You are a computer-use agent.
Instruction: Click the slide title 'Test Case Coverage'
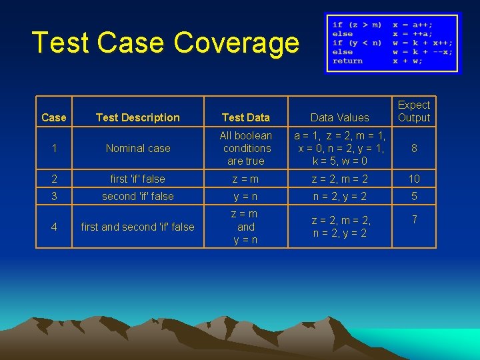pos(165,43)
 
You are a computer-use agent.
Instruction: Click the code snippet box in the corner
pos(392,43)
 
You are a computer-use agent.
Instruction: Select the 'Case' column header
pos(53,117)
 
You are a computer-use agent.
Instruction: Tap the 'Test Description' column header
pos(137,117)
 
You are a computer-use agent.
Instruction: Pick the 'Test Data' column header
pos(246,117)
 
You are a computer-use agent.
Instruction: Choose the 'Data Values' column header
pos(339,117)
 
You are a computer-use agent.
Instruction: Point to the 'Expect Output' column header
pos(414,111)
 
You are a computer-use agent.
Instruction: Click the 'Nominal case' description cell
pos(138,148)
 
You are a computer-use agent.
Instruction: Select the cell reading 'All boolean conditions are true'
pos(246,148)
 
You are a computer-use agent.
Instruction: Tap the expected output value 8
pos(414,148)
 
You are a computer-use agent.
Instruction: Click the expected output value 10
pos(414,179)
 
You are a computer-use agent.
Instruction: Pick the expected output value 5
pos(414,196)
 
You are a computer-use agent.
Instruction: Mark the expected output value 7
pos(414,219)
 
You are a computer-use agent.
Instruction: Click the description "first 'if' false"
pos(138,179)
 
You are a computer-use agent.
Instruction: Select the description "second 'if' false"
pos(138,196)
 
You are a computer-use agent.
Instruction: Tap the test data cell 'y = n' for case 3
pos(246,196)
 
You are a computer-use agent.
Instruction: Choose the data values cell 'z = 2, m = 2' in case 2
pos(339,179)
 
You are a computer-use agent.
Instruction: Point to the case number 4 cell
pos(53,227)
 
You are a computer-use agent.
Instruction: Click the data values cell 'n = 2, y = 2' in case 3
pos(339,196)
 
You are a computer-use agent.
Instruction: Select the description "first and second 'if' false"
pos(138,227)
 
